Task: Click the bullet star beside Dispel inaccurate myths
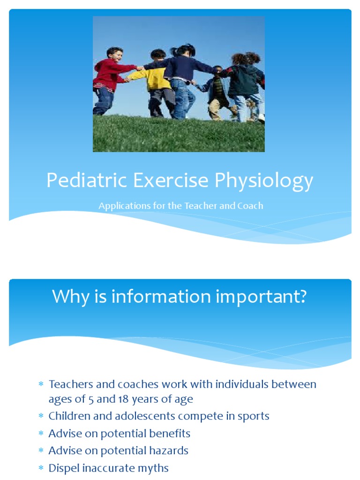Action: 41,468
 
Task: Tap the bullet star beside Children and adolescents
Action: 41,416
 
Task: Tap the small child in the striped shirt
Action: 217,89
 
